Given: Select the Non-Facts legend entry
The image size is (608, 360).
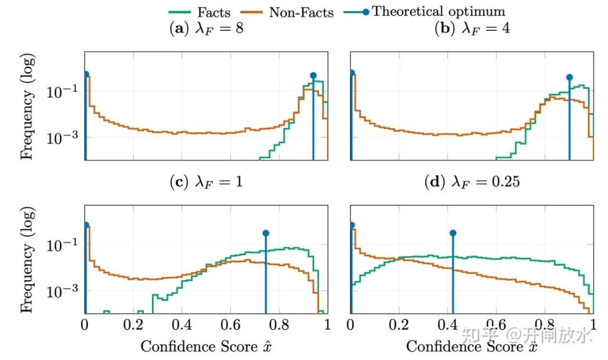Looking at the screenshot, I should point(301,12).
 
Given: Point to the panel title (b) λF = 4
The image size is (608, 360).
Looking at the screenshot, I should point(472,29).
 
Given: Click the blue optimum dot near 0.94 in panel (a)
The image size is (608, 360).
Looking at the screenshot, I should point(313,75).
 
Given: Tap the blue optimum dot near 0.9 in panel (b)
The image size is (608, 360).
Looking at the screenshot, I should point(569,77).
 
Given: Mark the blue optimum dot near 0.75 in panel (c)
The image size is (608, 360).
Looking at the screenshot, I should point(266,233).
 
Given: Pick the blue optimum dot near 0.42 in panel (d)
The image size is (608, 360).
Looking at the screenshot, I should point(452,233).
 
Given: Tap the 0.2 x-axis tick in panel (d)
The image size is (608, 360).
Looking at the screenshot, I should point(399,325).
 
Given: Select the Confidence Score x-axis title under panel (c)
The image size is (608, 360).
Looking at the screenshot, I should point(205,346).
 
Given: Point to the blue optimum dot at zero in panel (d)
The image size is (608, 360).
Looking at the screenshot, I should point(351,225).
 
